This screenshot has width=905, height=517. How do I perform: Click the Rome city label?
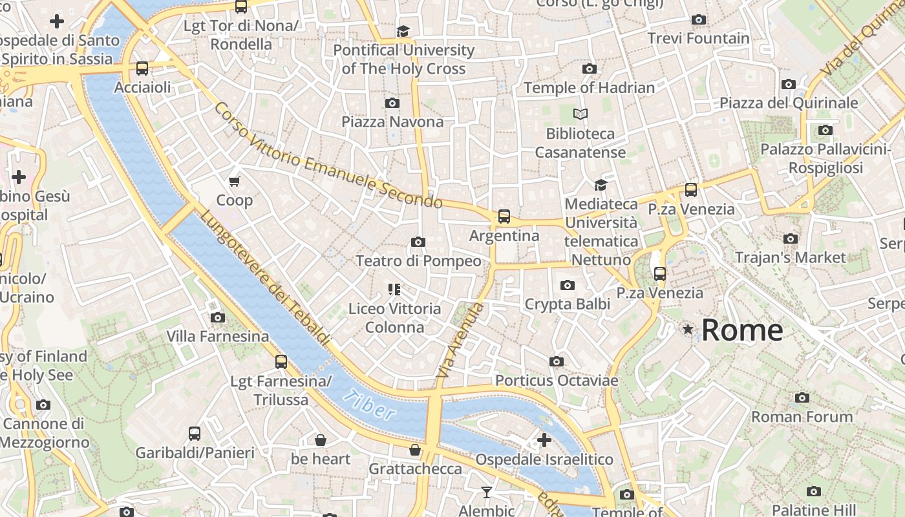[x=741, y=330]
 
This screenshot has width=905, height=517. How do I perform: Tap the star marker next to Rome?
[x=688, y=330]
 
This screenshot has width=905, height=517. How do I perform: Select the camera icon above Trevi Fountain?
[x=698, y=20]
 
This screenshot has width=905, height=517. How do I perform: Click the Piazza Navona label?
[x=392, y=121]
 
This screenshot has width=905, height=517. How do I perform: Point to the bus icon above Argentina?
[x=504, y=216]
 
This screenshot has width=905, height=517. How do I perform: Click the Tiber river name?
[x=369, y=405]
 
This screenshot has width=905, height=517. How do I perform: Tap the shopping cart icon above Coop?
[x=235, y=182]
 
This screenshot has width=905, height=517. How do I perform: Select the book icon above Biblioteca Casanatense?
[x=580, y=114]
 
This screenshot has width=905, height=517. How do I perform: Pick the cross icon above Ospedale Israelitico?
[x=544, y=440]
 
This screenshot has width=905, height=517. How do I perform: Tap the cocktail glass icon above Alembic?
[x=487, y=492]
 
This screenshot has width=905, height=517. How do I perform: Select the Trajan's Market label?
[x=790, y=257]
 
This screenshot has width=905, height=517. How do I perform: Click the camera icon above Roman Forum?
[x=802, y=397]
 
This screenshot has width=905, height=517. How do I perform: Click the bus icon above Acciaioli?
[x=142, y=69]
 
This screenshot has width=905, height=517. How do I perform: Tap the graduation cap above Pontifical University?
[x=403, y=31]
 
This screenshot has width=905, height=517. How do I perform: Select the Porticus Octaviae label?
[x=557, y=381]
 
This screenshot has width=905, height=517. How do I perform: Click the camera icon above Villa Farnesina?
[x=218, y=317]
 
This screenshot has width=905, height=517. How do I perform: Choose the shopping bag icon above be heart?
[x=320, y=441]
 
